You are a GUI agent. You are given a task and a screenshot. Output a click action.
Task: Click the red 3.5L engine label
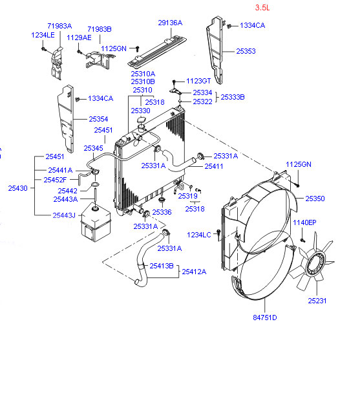point(262,8)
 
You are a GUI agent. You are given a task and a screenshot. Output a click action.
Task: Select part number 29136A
point(170,23)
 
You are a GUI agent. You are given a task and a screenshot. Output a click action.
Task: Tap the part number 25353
point(246,51)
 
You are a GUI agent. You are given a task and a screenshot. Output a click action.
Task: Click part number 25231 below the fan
point(317,301)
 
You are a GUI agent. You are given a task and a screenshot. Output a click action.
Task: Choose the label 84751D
point(264,318)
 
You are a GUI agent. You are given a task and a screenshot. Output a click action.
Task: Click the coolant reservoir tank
point(96,222)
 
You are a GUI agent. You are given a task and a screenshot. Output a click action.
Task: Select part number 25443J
point(64,215)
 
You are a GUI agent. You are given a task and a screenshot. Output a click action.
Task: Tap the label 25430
point(18,188)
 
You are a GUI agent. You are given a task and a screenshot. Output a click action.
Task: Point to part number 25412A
point(194,272)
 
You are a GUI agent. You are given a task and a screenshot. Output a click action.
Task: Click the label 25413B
point(162,266)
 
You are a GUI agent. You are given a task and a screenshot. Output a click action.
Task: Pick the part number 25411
point(214,166)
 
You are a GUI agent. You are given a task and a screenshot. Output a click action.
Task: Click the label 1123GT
point(198,81)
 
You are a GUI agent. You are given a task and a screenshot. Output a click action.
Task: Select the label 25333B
point(233,97)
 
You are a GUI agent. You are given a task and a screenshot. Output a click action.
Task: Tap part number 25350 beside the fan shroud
point(315,199)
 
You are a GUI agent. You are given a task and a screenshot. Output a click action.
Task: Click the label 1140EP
point(304,222)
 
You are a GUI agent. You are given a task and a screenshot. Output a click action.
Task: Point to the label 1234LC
point(199,235)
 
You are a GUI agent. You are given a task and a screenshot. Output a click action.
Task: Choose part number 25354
point(98,119)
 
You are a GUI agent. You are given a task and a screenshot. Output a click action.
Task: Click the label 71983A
point(59,26)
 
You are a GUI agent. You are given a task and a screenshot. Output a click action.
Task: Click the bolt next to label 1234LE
point(43,49)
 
